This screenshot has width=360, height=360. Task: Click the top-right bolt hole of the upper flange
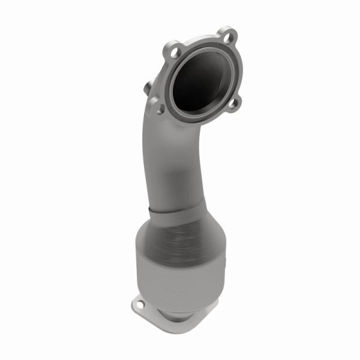point(226,34)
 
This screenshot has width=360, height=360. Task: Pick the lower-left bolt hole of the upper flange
point(160,109)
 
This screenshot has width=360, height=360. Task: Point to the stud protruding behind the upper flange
point(148,88)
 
